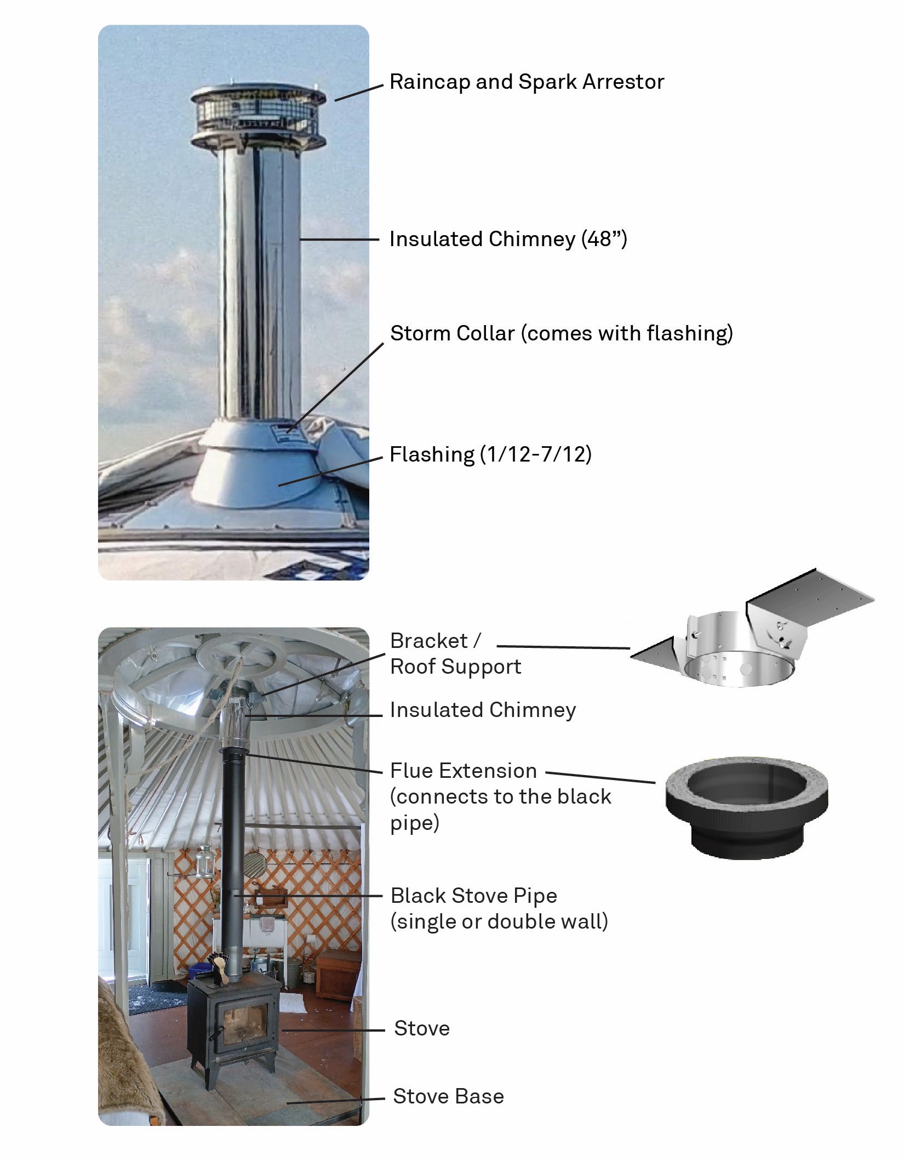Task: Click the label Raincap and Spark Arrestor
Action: point(527,82)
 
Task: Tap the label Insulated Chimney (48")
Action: point(508,239)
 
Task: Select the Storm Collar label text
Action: point(561,333)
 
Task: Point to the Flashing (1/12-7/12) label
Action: point(490,454)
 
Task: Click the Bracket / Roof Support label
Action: point(455,653)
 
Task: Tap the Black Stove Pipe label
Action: point(499,908)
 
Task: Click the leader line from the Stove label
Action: point(333,1031)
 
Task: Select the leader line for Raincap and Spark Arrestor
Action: point(359,93)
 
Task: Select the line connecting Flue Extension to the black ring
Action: point(600,778)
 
